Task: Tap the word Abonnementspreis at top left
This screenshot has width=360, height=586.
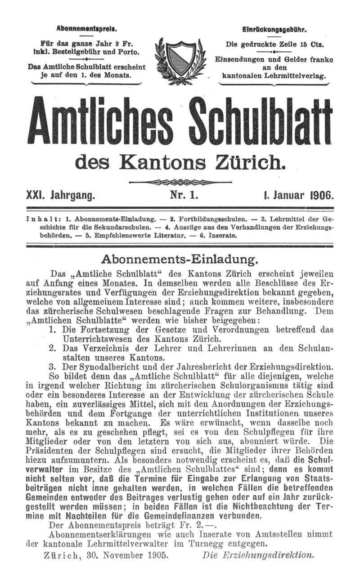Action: point(87,29)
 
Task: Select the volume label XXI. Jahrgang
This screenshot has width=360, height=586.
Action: point(62,196)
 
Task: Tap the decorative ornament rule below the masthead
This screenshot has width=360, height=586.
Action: point(180,182)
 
